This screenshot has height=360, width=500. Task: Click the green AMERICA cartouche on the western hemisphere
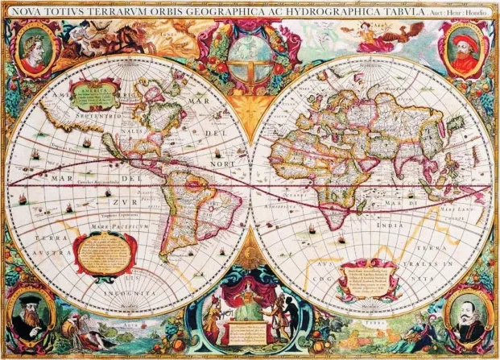[x=94, y=94]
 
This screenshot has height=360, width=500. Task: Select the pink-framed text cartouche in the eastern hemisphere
[x=369, y=279]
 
